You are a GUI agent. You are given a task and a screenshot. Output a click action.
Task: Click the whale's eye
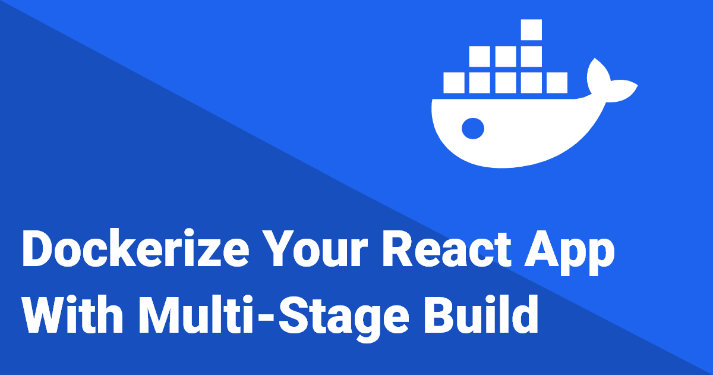tap(473, 126)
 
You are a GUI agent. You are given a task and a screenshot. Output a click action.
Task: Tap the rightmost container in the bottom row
tap(557, 82)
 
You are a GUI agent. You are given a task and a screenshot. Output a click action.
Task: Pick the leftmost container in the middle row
tap(479, 56)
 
